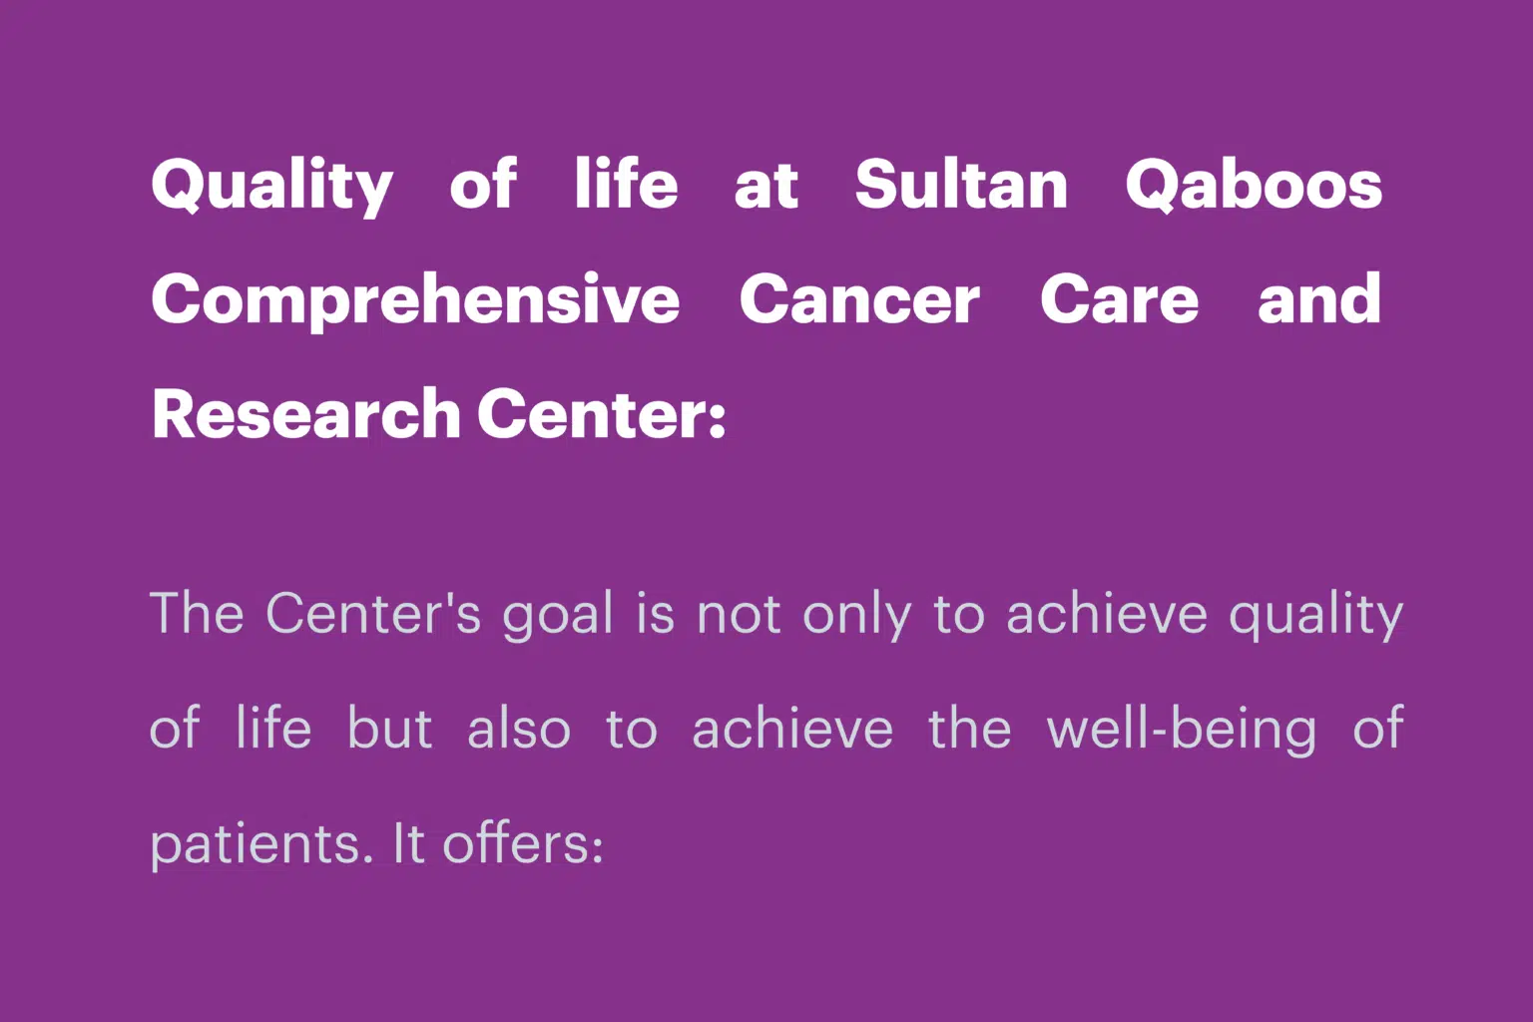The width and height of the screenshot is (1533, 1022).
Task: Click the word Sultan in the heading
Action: (x=961, y=184)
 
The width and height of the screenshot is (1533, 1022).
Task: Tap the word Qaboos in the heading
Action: (x=1254, y=185)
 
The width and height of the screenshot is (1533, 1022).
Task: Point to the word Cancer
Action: (x=859, y=298)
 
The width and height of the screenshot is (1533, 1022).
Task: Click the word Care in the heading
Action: (x=1120, y=298)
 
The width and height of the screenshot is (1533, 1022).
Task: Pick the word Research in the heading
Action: (x=306, y=413)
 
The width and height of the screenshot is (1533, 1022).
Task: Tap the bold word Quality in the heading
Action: (x=271, y=185)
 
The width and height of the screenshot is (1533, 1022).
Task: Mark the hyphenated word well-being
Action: (x=1182, y=730)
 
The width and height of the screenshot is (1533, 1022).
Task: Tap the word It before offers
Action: (x=408, y=842)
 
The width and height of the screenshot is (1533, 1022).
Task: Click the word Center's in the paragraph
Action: (x=373, y=614)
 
